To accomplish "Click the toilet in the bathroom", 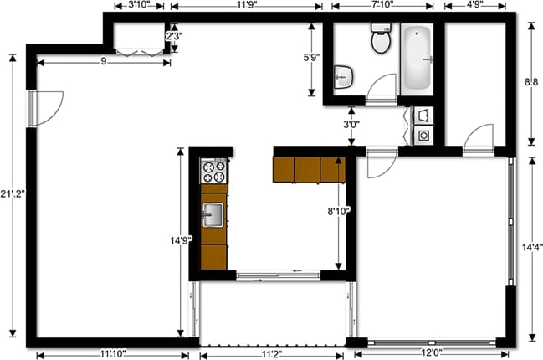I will coord(381,39).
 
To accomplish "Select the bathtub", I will coord(417,59).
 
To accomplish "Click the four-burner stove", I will coord(213,172).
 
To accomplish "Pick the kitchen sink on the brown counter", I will coord(213,214).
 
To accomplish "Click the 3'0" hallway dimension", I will coord(351,124).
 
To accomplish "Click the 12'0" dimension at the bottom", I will coord(432,353).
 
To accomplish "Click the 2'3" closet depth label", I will coord(173,37).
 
